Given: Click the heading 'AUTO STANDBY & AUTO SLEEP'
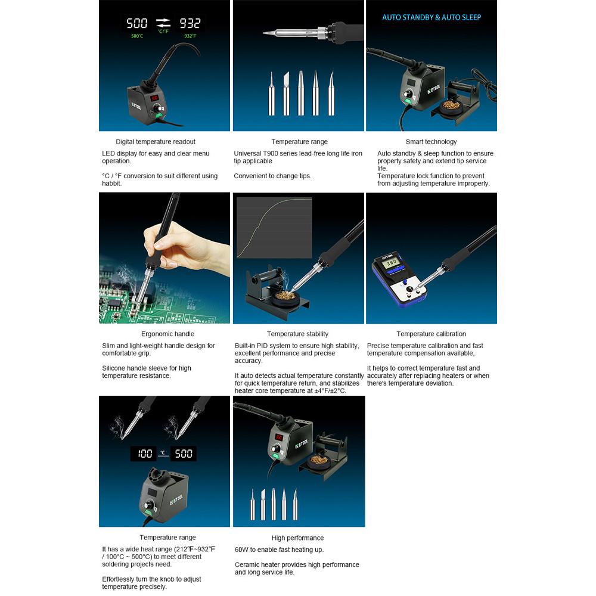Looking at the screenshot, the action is click(432, 17).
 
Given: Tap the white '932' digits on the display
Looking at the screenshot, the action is click(190, 24).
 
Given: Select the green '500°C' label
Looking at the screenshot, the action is click(137, 36).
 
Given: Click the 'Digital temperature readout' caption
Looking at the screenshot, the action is click(156, 142).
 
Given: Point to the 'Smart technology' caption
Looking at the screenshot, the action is click(431, 142).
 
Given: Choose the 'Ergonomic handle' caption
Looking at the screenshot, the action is click(167, 334).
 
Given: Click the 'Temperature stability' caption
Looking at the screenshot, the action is click(297, 334).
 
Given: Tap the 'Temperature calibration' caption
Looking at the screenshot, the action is click(431, 334).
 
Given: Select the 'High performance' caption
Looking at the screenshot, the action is click(297, 538).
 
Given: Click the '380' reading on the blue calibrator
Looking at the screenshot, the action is click(392, 262).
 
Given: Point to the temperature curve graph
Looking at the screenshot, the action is click(274, 227).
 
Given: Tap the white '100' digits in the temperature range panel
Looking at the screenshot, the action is click(144, 454).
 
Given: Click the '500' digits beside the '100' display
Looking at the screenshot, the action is click(184, 454).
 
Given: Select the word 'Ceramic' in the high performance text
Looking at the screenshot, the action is click(247, 565).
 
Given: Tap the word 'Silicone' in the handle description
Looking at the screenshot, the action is click(114, 368).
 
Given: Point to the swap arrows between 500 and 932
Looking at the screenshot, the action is click(163, 23).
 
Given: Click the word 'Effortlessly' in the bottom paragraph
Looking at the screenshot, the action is click(118, 579).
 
